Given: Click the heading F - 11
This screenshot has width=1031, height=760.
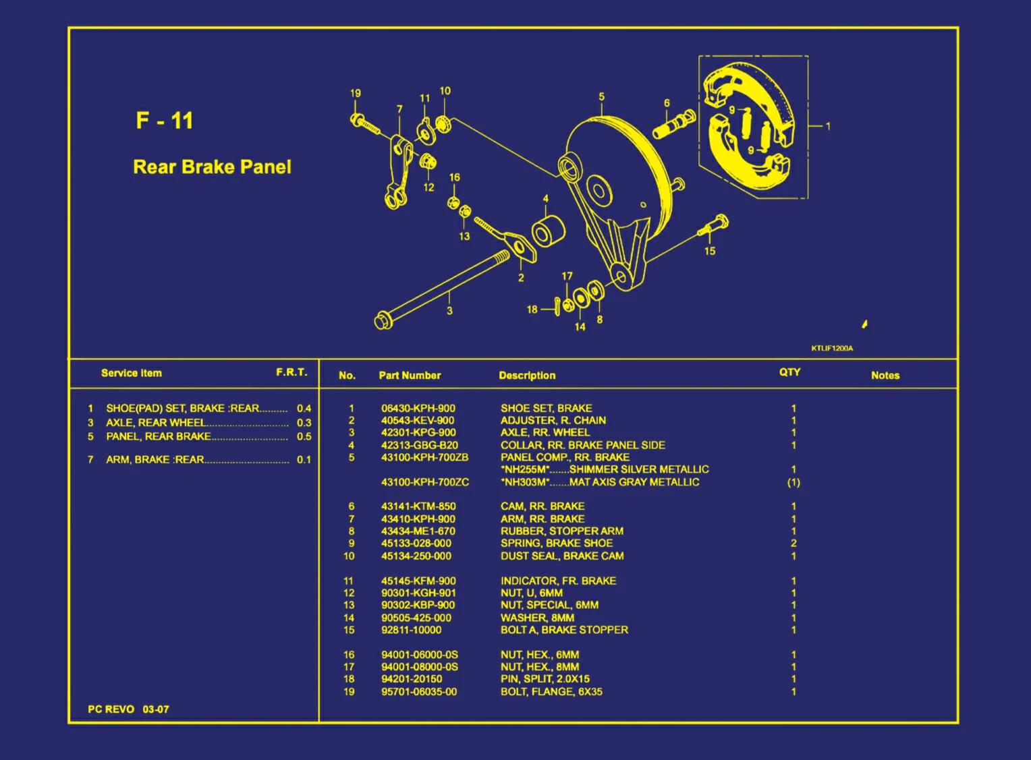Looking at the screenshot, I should tap(164, 121).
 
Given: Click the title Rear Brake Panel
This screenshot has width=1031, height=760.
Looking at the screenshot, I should tap(212, 167).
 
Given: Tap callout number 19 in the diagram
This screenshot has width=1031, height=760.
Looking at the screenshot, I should tap(356, 93).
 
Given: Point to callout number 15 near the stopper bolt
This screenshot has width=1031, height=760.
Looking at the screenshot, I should tap(710, 251).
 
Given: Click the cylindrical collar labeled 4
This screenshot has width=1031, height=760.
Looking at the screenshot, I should tap(548, 231).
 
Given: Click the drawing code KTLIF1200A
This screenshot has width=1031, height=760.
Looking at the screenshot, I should tap(832, 348).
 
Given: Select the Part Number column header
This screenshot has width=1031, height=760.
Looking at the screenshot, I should tap(410, 376).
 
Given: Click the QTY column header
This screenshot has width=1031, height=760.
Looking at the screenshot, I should tap(789, 372).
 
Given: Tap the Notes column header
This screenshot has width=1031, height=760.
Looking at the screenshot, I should tap(885, 376).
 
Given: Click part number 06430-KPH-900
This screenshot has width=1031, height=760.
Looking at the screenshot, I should tap(418, 408).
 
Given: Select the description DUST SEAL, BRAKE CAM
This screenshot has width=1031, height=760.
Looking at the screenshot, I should tap(561, 556).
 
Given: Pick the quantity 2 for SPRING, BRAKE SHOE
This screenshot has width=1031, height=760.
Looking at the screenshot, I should tap(793, 543).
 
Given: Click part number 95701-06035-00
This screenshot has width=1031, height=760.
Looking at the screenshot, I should tap(418, 691).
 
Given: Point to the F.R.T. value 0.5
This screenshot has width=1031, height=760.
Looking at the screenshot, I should tap(304, 436).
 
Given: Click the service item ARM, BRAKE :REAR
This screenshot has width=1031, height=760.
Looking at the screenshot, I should tap(155, 459).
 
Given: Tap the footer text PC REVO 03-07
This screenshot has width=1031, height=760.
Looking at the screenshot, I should tap(128, 709).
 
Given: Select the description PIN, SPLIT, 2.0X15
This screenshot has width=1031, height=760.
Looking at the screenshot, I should tap(545, 679).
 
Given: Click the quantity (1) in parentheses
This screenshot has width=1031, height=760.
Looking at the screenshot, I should tap(793, 482).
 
